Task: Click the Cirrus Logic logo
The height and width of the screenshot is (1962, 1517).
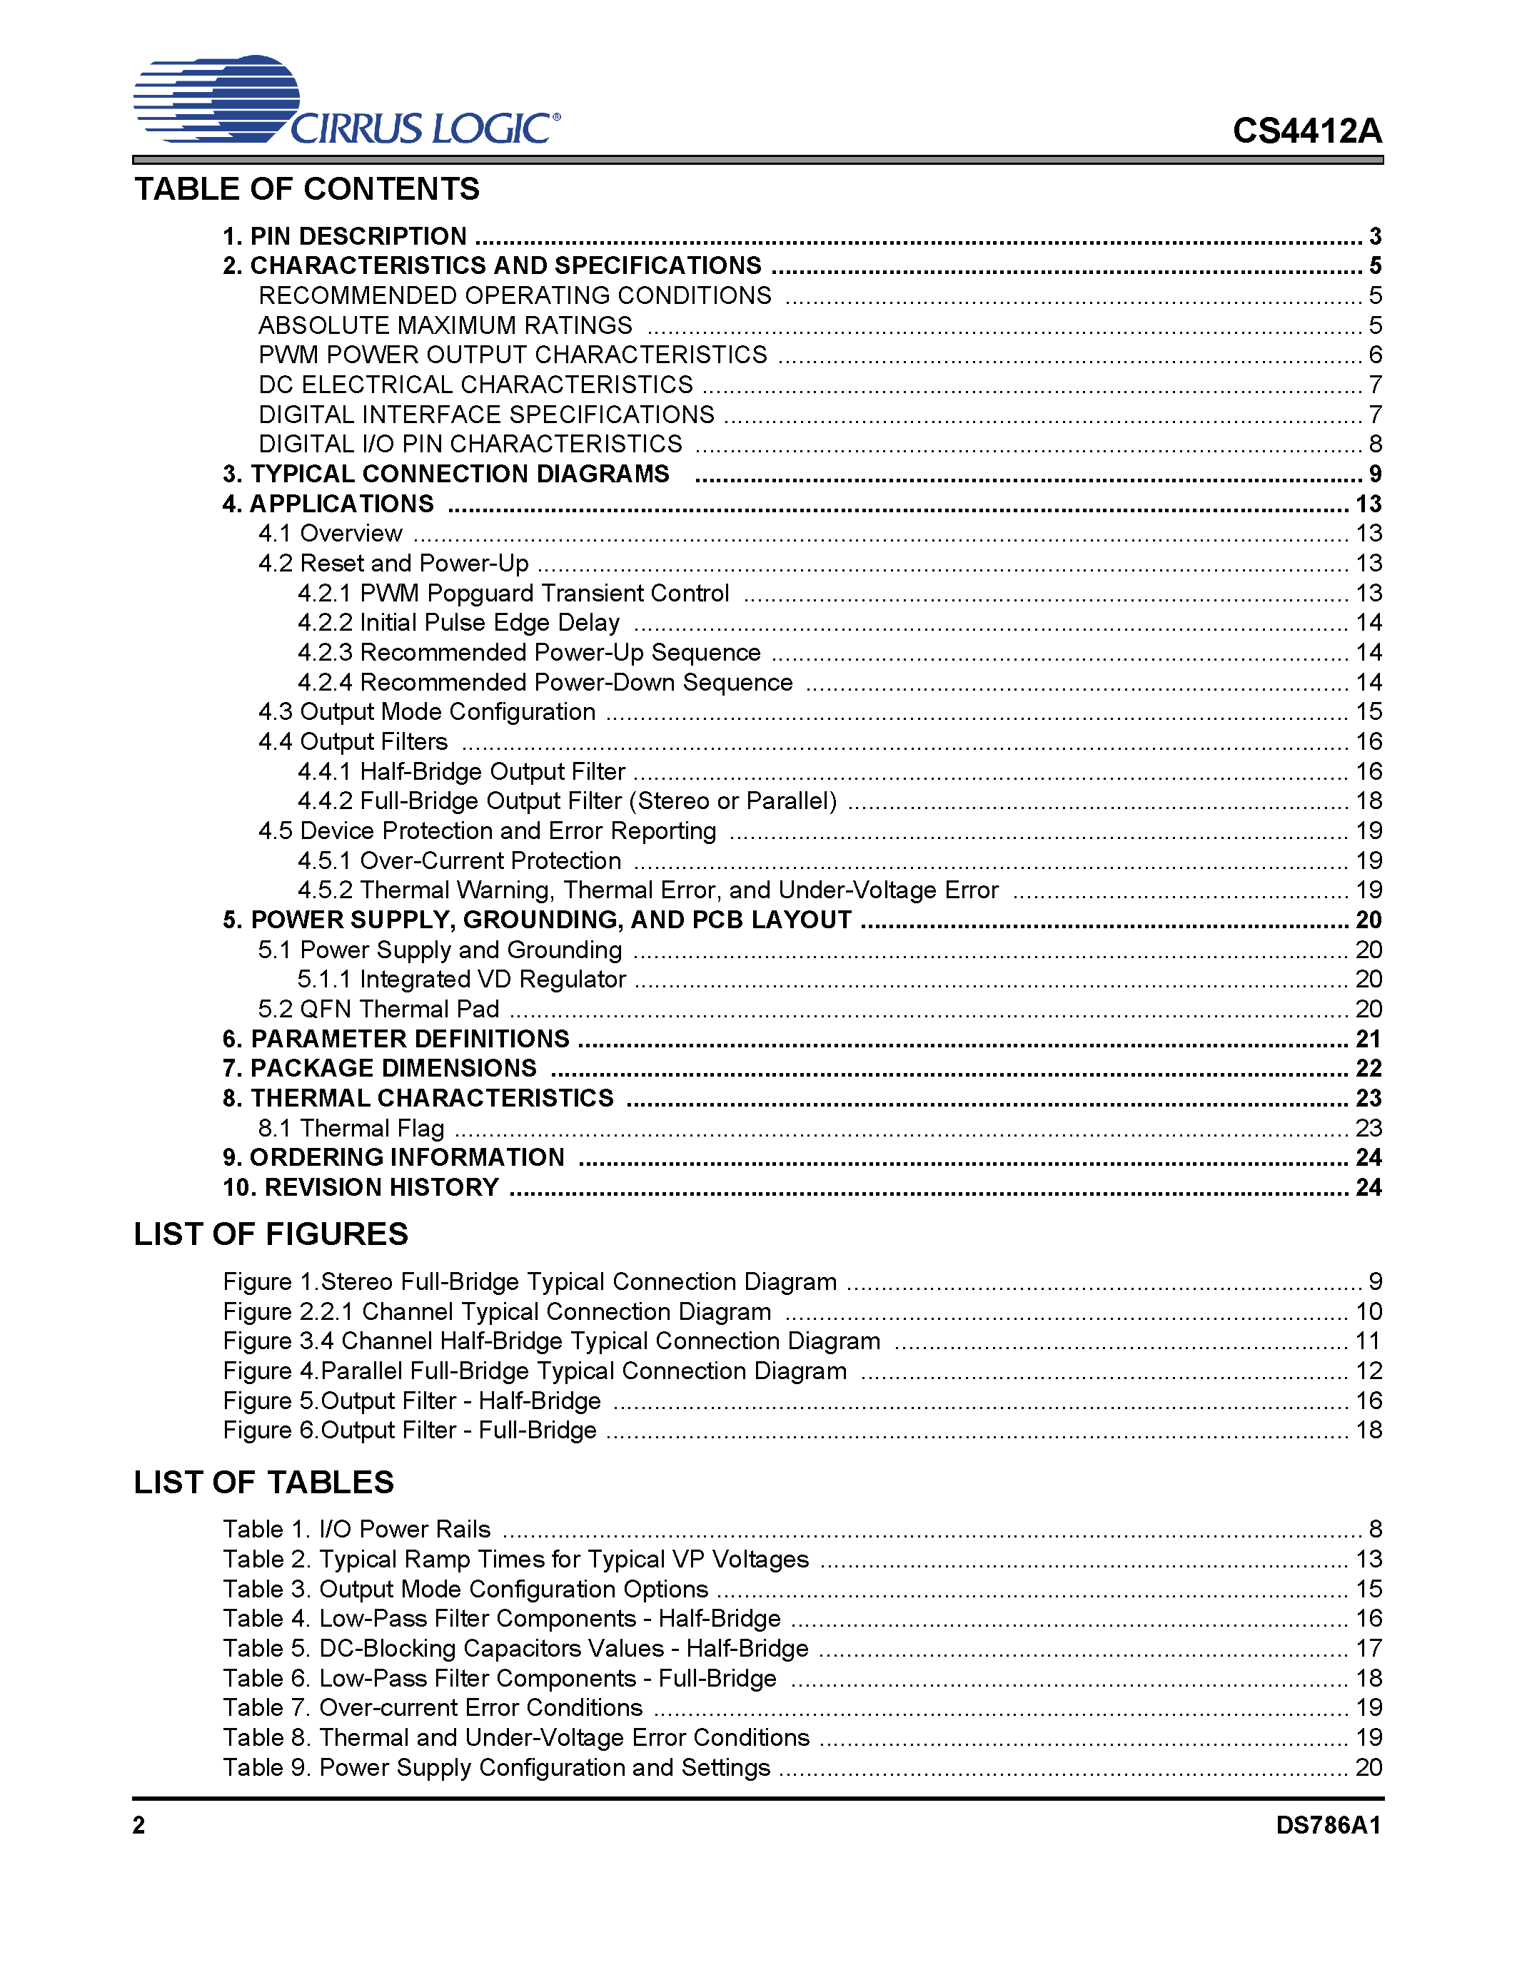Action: [x=346, y=101]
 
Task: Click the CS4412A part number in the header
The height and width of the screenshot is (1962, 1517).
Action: [x=1306, y=131]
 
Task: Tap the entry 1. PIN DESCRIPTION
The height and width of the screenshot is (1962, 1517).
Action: [x=345, y=236]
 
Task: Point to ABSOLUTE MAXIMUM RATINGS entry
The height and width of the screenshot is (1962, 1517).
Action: [x=445, y=325]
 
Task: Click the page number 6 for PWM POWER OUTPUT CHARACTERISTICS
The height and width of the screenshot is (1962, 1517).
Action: [x=1374, y=355]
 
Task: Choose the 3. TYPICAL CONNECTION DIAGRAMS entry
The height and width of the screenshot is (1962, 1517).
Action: [x=445, y=474]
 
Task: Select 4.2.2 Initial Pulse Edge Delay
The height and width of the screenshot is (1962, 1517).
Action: [x=458, y=623]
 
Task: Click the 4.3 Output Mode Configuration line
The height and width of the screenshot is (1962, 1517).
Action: [x=427, y=711]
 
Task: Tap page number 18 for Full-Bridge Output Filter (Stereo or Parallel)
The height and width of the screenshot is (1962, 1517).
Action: [x=1368, y=800]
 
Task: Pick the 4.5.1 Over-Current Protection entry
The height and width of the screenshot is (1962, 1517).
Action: [x=459, y=860]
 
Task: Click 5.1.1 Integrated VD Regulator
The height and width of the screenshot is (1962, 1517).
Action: [x=462, y=979]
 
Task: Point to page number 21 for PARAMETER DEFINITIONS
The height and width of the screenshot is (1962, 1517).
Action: [x=1368, y=1040]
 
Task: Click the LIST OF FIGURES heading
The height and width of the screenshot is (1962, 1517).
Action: [x=271, y=1234]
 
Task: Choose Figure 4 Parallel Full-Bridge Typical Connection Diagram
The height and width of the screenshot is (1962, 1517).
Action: [x=535, y=1371]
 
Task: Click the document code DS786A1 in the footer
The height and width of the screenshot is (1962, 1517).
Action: [x=1327, y=1826]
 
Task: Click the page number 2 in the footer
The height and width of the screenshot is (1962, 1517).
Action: [x=139, y=1826]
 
